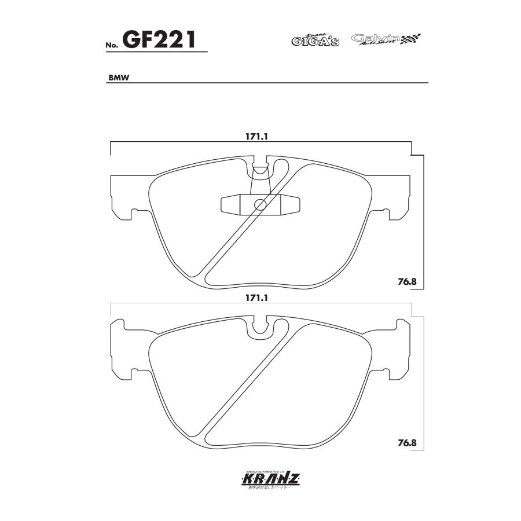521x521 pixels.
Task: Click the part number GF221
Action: pyautogui.click(x=165, y=40)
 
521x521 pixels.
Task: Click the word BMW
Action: pyautogui.click(x=118, y=78)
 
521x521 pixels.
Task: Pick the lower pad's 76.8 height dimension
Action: pyautogui.click(x=408, y=443)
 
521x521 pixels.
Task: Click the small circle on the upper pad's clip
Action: pyautogui.click(x=260, y=204)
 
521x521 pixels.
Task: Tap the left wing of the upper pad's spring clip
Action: pyautogui.click(x=230, y=204)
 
